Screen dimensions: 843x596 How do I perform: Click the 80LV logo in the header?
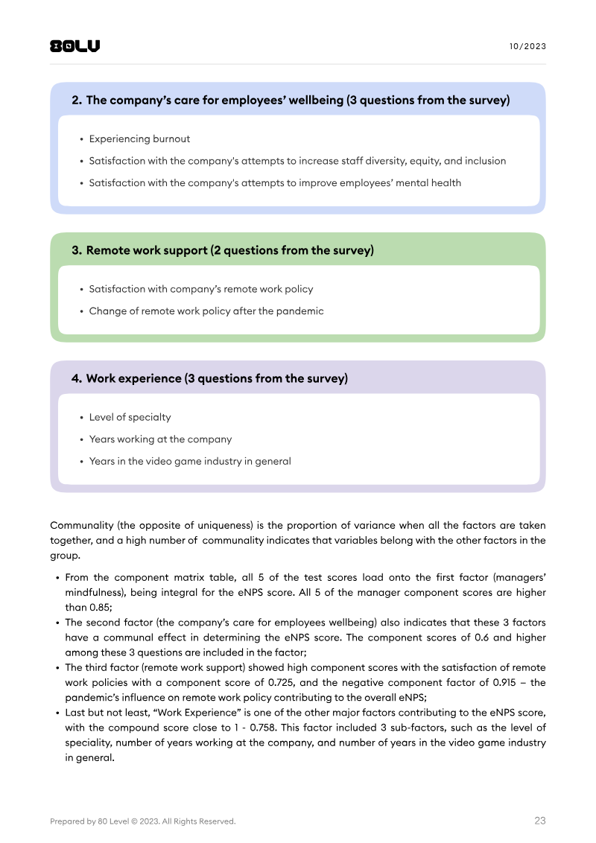tap(74, 46)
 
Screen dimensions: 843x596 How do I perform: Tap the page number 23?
tap(539, 821)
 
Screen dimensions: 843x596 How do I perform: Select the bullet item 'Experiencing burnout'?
tap(139, 139)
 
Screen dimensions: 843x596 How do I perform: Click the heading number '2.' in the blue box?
tap(77, 100)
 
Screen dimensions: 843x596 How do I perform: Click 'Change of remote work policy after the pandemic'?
tap(206, 311)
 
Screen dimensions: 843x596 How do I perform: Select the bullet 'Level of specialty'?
tap(130, 417)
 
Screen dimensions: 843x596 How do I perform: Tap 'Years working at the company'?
tap(160, 439)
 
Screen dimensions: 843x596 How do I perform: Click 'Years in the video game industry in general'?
tap(190, 461)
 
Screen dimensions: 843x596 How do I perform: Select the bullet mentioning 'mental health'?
tap(275, 182)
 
